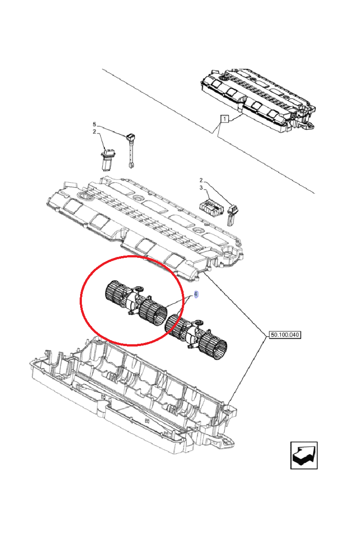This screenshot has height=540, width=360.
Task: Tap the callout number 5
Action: point(94,124)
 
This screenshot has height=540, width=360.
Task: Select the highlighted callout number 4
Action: point(196,294)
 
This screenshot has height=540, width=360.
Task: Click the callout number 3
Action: point(202,187)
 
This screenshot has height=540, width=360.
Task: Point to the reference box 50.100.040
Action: point(284,335)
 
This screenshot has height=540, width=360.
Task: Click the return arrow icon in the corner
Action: point(304,455)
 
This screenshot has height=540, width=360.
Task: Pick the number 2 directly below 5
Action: point(94,132)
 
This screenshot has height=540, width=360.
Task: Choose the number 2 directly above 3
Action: point(202,180)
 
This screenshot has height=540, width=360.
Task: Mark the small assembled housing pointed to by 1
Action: point(259,101)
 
